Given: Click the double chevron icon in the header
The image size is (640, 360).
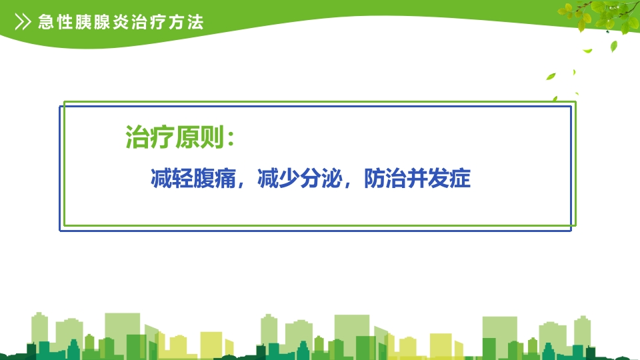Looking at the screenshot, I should point(23,22).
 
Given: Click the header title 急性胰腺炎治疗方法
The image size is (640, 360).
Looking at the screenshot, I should point(121,22).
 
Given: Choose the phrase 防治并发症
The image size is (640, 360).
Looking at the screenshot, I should point(418,179).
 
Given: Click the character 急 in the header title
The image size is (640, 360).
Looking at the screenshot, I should point(47,22).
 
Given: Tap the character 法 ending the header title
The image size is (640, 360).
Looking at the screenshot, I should point(195,22).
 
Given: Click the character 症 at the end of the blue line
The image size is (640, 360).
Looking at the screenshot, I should point(461,179).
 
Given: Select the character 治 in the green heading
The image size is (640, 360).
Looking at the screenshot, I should point(137,139).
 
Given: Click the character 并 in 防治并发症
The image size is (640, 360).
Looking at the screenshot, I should point(418,179).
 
